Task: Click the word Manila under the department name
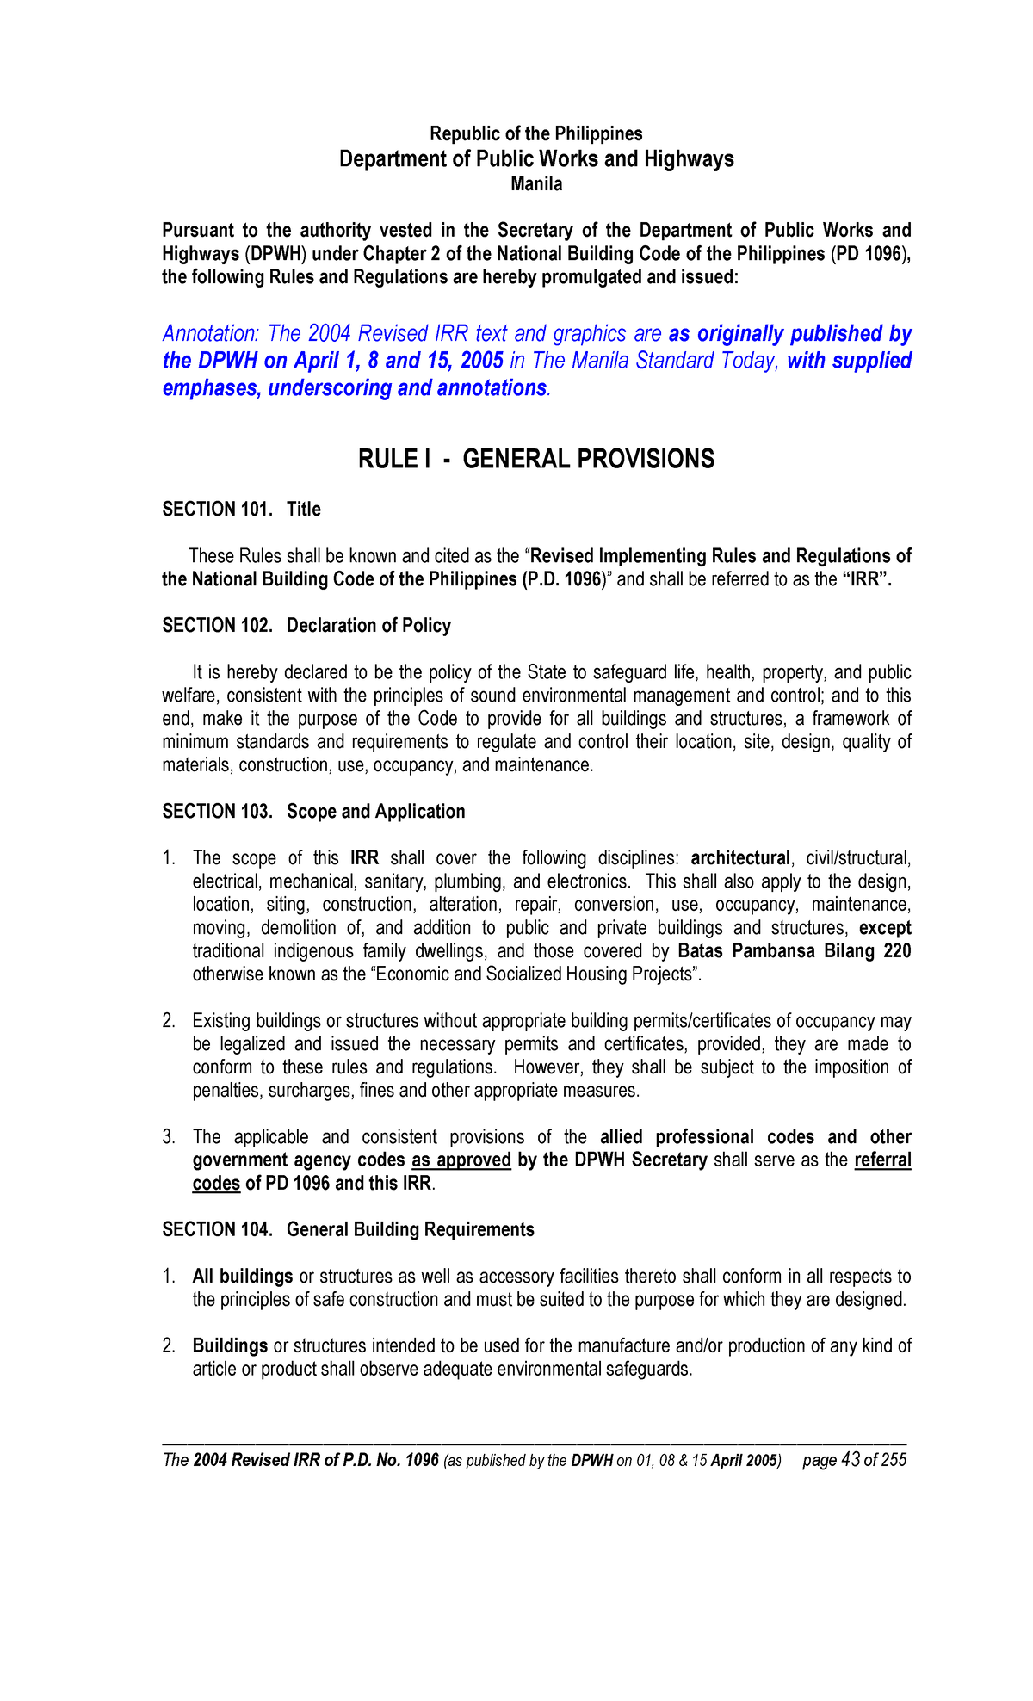(x=536, y=184)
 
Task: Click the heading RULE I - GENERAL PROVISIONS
(x=535, y=459)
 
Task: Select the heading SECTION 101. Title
(x=241, y=510)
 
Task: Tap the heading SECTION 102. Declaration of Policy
(x=306, y=626)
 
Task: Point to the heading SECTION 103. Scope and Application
(x=313, y=812)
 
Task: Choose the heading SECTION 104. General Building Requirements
(x=348, y=1230)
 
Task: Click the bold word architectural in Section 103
(x=740, y=858)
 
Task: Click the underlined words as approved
(x=461, y=1160)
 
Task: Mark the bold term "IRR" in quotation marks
(x=866, y=579)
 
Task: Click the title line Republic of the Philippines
(x=535, y=134)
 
